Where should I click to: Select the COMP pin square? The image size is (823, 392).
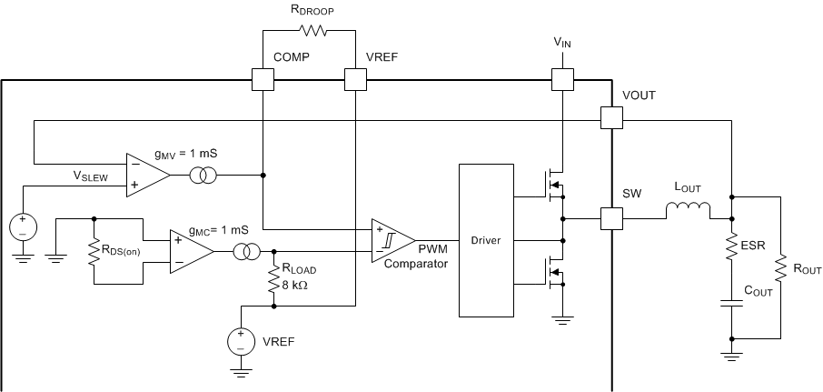pyautogui.click(x=262, y=80)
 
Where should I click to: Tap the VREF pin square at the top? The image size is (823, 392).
pyautogui.click(x=354, y=80)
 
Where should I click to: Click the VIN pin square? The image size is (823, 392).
pyautogui.click(x=563, y=80)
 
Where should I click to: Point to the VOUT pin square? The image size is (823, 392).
pyautogui.click(x=611, y=118)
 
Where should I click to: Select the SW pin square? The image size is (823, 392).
pyautogui.click(x=611, y=218)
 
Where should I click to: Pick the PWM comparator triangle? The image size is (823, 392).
pyautogui.click(x=391, y=240)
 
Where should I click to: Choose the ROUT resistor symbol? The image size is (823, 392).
pyautogui.click(x=779, y=269)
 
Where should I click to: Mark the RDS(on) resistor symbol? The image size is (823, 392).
pyautogui.click(x=94, y=251)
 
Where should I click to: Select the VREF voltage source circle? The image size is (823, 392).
pyautogui.click(x=241, y=342)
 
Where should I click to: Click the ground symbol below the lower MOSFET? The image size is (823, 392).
pyautogui.click(x=563, y=319)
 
